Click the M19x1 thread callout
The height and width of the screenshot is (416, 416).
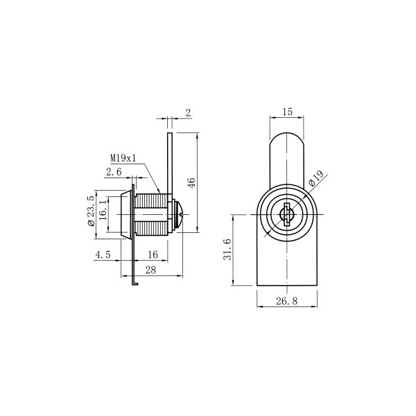(x=123, y=159)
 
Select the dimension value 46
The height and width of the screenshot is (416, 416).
(x=191, y=182)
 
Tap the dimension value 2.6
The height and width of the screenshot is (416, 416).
(x=114, y=172)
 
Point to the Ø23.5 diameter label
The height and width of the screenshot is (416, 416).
(x=91, y=211)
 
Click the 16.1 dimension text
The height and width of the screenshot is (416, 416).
(x=103, y=210)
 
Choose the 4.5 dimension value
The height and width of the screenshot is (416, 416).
(x=103, y=255)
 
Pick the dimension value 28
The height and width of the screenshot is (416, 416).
(x=150, y=270)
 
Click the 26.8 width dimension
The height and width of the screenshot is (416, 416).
(x=287, y=301)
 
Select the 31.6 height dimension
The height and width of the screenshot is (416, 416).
(x=227, y=250)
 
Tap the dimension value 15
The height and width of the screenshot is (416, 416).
(x=287, y=112)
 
